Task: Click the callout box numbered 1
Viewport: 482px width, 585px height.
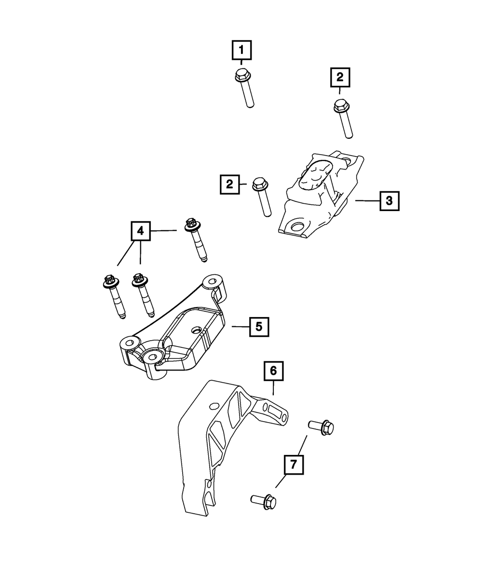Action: pos(242,50)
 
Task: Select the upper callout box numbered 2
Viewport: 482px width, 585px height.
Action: pos(340,77)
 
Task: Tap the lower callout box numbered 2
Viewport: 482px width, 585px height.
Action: pos(229,184)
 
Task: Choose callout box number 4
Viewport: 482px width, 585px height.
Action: pos(140,231)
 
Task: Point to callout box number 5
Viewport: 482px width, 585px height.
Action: pos(259,327)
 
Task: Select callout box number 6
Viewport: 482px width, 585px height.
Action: pos(273,371)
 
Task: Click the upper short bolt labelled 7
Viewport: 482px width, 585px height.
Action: pos(321,426)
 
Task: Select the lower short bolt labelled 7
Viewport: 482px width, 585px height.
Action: pos(264,502)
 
